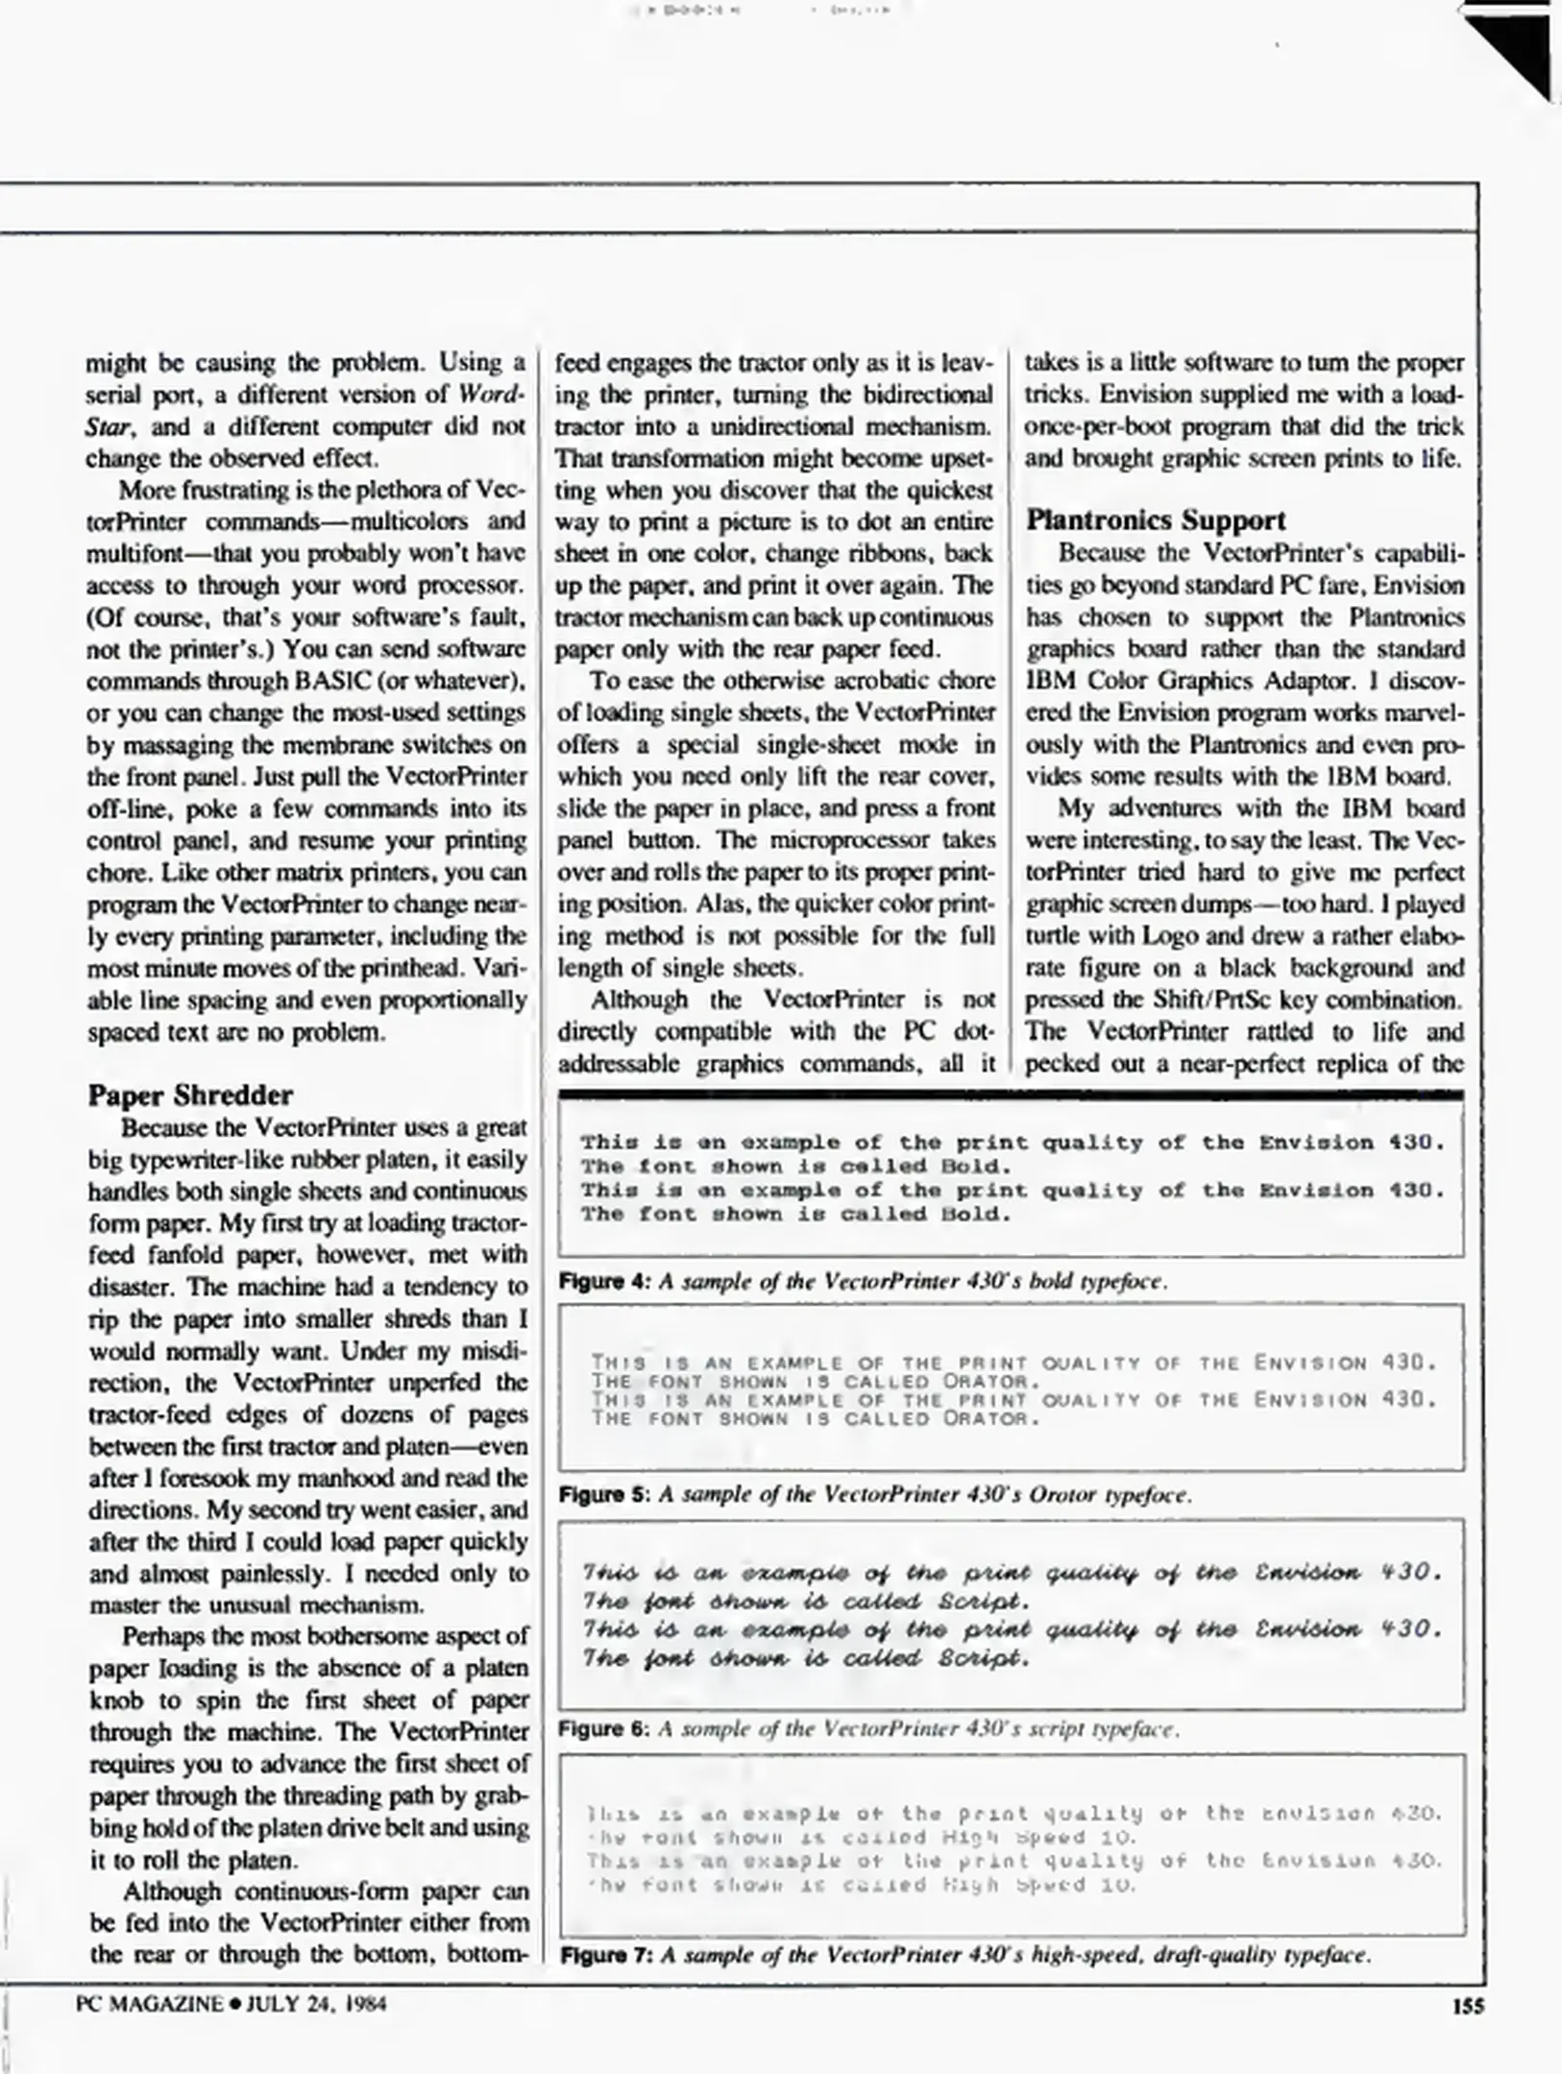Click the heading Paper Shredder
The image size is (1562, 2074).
(190, 1096)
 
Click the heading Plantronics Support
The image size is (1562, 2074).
(1155, 520)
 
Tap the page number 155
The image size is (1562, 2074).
(1469, 2005)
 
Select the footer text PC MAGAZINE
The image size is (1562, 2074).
(150, 2004)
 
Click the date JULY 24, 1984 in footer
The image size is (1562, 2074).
(317, 2004)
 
